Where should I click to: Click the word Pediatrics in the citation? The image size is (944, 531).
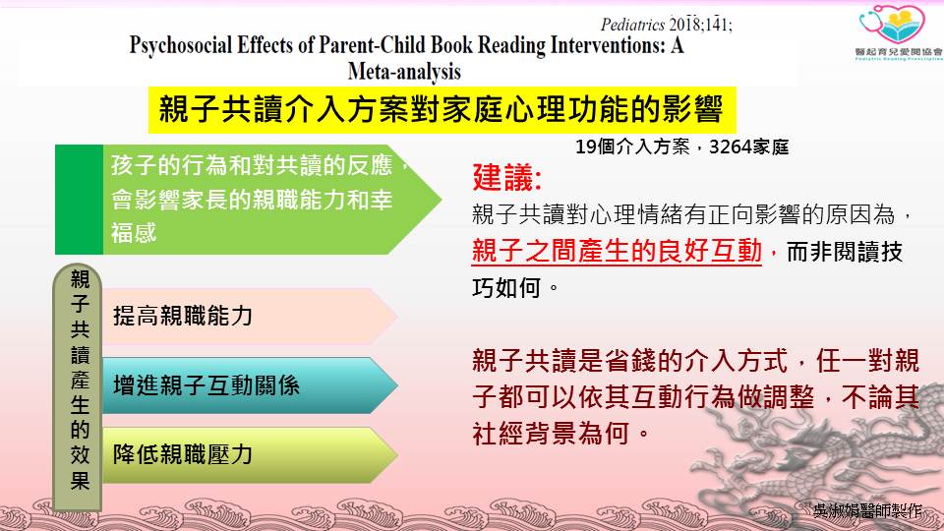[632, 25]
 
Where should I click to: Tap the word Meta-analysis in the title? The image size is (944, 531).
[404, 72]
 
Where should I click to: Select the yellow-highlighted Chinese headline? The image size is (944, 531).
[442, 109]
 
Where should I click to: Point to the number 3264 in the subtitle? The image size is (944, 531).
[729, 147]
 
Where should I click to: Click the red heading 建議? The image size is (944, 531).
[507, 178]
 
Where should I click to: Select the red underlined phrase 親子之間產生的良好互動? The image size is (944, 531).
[618, 251]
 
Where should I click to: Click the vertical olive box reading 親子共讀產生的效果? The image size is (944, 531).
[79, 387]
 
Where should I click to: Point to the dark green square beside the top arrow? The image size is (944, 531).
[79, 200]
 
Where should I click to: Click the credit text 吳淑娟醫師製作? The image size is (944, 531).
[867, 510]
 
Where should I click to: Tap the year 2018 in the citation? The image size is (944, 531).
[685, 25]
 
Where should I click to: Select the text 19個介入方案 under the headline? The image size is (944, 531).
[632, 147]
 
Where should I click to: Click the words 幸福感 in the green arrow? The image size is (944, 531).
[134, 233]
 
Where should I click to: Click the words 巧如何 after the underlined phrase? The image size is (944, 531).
[506, 288]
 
